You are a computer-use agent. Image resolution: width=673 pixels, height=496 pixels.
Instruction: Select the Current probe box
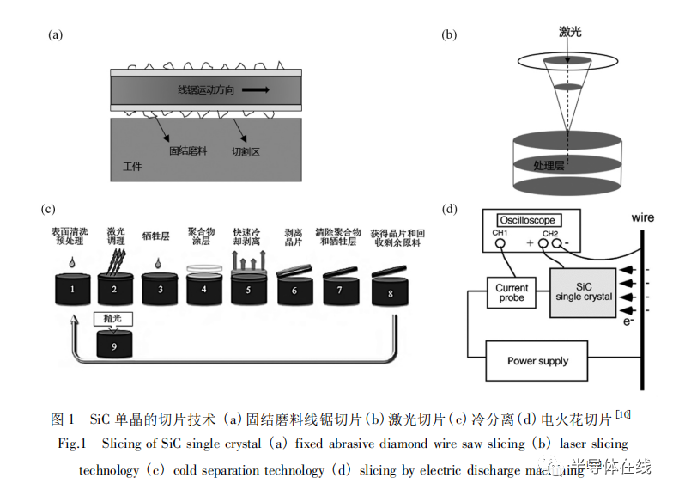[512, 293]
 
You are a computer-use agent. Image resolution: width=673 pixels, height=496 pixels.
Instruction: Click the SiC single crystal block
[584, 291]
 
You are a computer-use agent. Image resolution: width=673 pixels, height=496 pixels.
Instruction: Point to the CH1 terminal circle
[500, 243]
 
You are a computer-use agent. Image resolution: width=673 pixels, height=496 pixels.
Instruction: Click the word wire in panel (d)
[642, 217]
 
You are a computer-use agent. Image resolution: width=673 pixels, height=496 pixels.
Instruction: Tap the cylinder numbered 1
[73, 290]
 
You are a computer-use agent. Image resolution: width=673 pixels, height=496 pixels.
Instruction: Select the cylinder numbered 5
[250, 290]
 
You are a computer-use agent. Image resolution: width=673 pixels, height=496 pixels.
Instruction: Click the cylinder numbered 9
[115, 347]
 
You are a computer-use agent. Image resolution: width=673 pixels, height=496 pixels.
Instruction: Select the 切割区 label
[246, 150]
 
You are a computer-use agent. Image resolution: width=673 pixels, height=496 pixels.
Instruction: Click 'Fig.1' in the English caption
[73, 444]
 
